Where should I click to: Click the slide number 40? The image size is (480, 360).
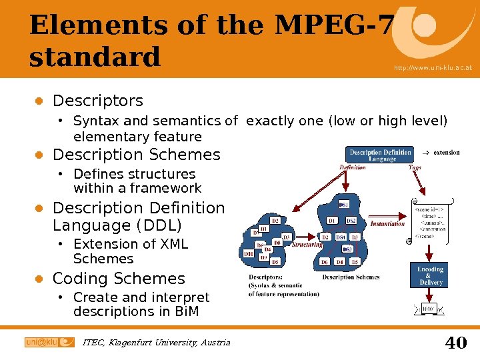(455, 343)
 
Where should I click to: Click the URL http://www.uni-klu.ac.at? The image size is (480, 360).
(433, 68)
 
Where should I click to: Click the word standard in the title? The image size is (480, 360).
(95, 57)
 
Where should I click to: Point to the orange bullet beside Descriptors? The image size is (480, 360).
(39, 101)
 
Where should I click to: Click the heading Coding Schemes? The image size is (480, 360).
(119, 279)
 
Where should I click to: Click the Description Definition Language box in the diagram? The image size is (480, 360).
(381, 155)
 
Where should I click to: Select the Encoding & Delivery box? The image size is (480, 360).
(431, 276)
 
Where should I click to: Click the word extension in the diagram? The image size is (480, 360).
(446, 153)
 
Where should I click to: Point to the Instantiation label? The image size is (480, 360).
(387, 223)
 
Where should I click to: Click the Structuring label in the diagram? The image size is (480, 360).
(307, 245)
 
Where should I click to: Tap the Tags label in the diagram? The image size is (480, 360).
(415, 168)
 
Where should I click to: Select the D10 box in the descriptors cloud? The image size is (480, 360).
(248, 254)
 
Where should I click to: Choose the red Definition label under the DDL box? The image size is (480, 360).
(352, 168)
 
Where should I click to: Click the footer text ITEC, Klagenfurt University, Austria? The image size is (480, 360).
(156, 343)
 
